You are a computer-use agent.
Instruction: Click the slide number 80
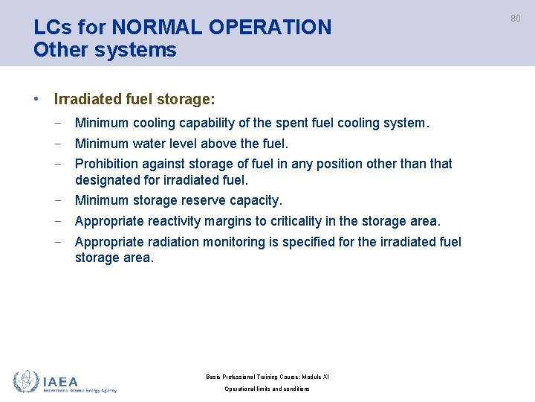click(515, 19)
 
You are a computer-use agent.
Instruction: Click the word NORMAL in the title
click(158, 28)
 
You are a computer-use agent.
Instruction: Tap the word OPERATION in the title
click(270, 28)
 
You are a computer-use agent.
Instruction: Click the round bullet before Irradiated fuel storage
click(36, 98)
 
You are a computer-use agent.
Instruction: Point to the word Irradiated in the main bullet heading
click(84, 98)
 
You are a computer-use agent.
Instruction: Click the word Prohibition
click(106, 164)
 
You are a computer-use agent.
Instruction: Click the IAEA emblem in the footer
click(26, 382)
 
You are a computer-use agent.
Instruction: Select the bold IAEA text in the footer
click(61, 380)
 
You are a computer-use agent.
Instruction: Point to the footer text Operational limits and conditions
click(267, 389)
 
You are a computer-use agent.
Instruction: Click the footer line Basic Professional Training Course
click(267, 377)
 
